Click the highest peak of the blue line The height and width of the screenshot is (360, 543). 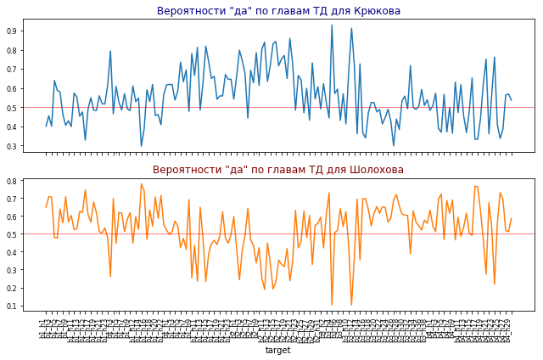(x=332, y=25)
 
